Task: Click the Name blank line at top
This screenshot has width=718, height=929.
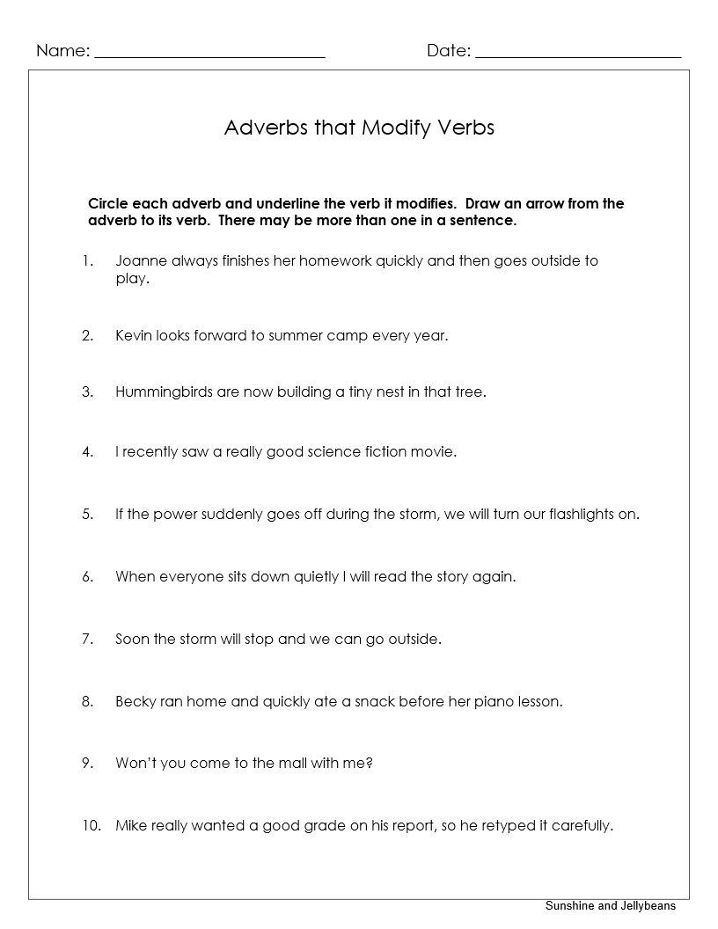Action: pos(209,55)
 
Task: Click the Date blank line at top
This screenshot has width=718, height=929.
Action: pos(578,55)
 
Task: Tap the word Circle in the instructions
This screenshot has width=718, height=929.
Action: pos(107,203)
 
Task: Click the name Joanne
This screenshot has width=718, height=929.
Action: pos(141,261)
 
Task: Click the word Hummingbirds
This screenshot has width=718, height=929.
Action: pos(164,392)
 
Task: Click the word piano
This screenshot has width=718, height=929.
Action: pos(494,702)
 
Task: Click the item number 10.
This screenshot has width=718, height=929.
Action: pos(92,826)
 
